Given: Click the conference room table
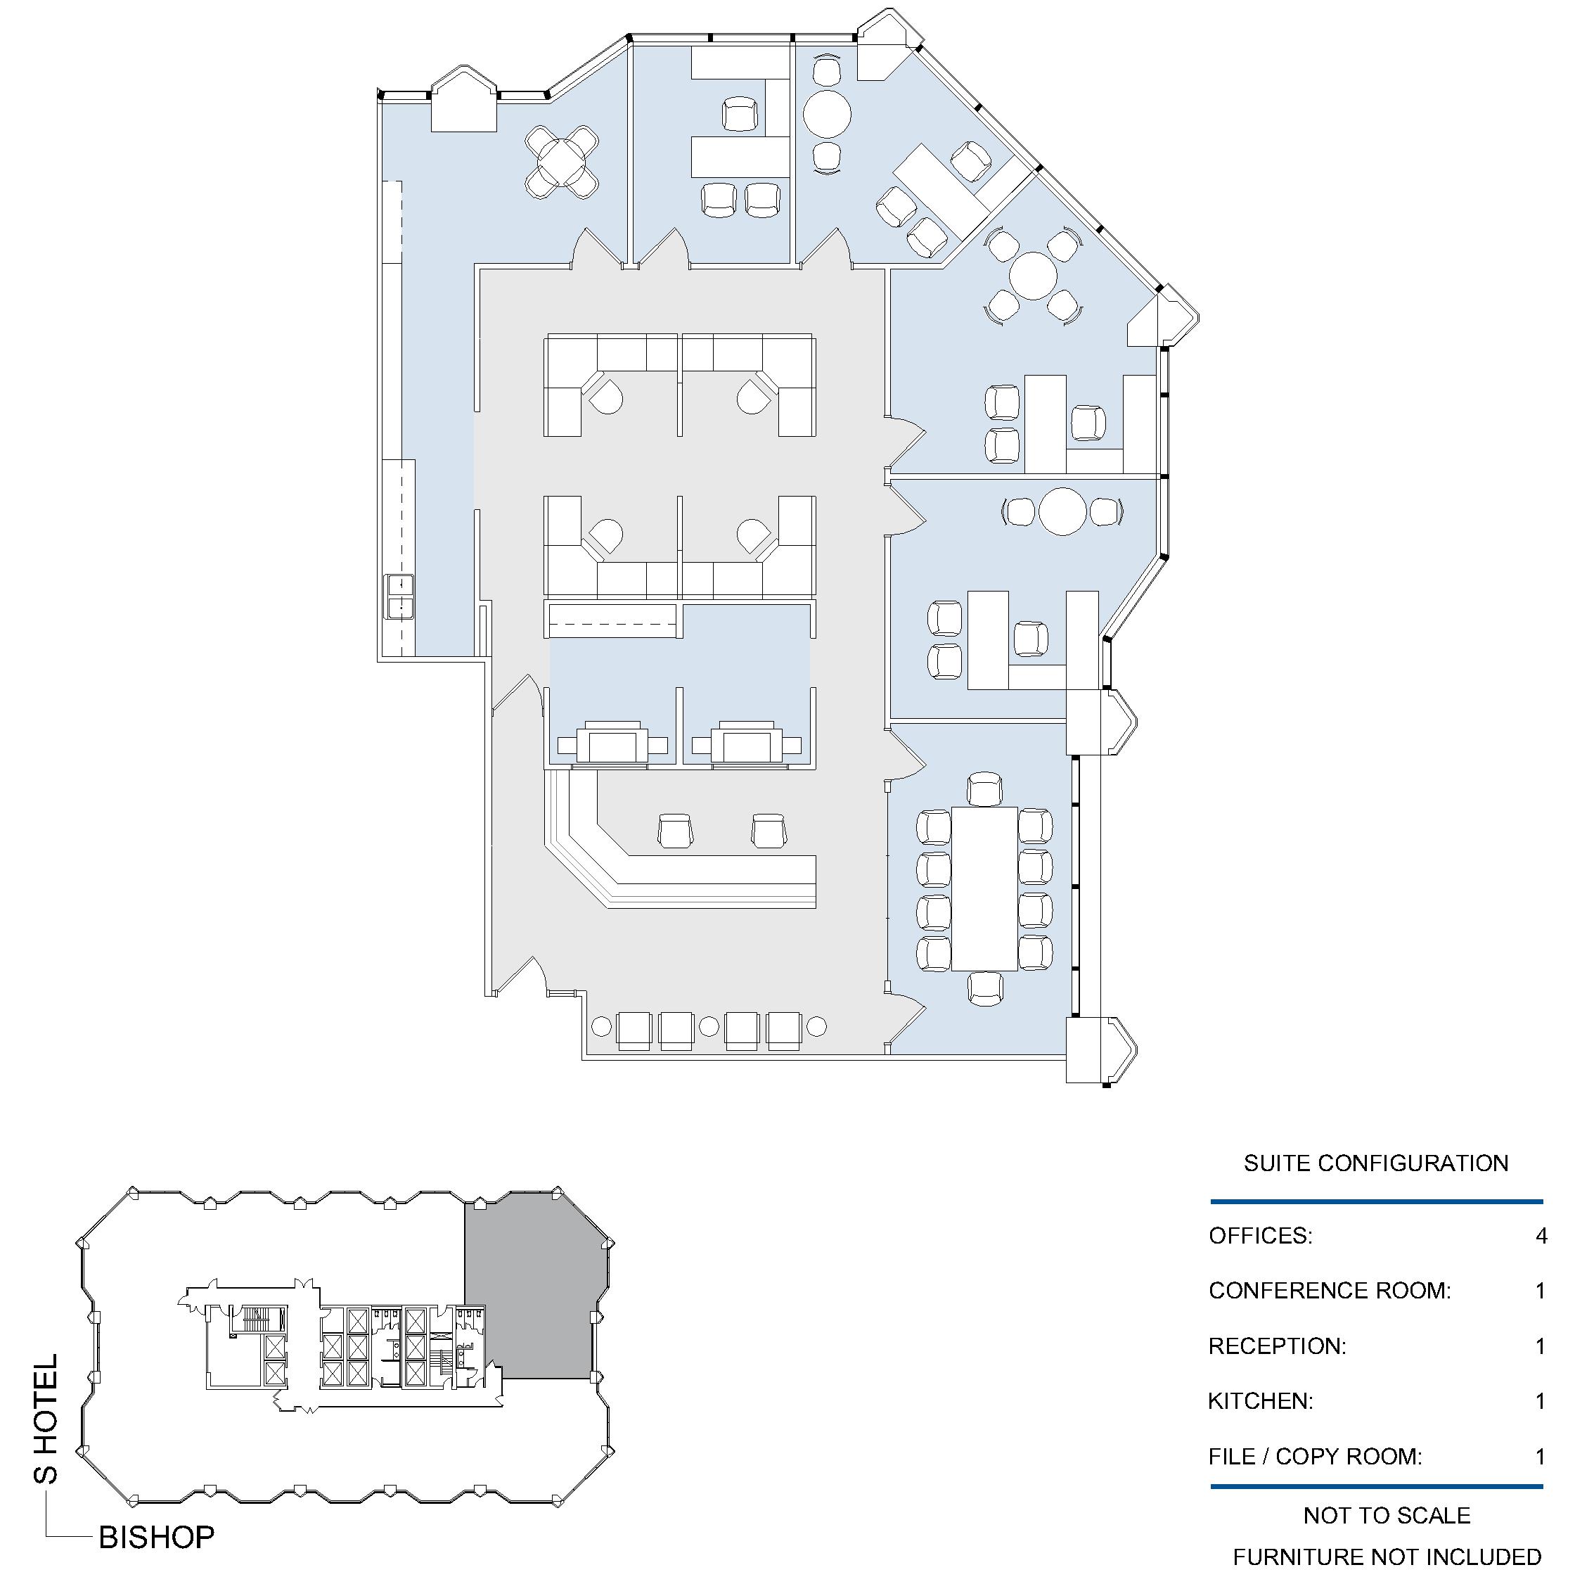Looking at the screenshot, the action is (x=985, y=890).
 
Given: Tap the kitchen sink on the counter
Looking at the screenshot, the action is (x=400, y=597).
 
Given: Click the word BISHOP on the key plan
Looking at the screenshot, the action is (x=157, y=1538).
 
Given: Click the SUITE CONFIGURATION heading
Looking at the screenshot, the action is (x=1376, y=1163).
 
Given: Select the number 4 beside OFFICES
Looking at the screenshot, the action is (x=1541, y=1236).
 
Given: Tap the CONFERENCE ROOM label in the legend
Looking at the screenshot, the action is (x=1329, y=1291).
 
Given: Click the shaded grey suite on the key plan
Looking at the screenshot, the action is (x=529, y=1287).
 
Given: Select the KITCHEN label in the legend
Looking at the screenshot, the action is (x=1260, y=1401).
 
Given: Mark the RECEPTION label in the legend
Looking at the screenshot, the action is (x=1277, y=1346).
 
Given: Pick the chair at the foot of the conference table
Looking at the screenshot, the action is (x=985, y=989).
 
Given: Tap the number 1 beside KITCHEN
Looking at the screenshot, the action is (x=1541, y=1401).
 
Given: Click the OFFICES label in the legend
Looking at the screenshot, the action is (x=1260, y=1236).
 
